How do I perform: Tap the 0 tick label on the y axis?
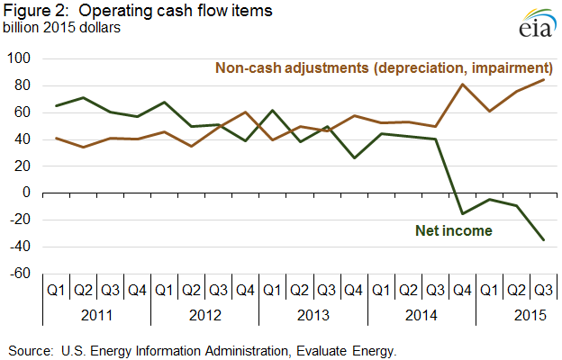click(28, 193)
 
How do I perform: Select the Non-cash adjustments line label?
click(383, 67)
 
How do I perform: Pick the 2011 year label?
click(97, 315)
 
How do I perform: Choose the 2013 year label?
click(314, 315)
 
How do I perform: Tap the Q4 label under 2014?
click(463, 291)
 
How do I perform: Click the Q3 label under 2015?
click(544, 291)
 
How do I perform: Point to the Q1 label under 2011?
click(56, 291)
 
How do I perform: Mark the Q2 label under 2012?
click(192, 291)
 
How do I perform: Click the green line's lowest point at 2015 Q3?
click(544, 240)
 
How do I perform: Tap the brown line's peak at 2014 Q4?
click(463, 85)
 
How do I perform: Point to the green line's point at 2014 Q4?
click(463, 213)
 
